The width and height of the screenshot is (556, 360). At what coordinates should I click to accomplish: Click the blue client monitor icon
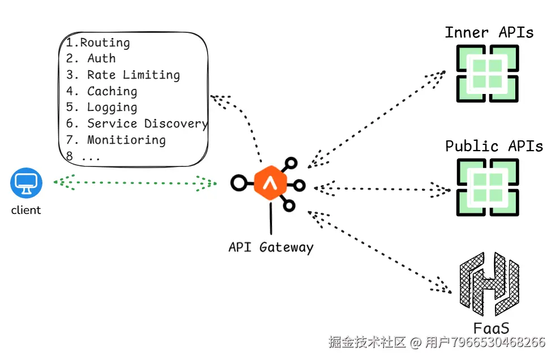tap(26, 183)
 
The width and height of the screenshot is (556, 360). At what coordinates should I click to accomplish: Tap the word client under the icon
tap(26, 210)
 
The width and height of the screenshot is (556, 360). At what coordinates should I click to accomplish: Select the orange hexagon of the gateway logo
tap(270, 183)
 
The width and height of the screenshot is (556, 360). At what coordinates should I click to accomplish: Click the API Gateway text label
tap(271, 247)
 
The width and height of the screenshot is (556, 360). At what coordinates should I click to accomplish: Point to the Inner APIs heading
tap(489, 33)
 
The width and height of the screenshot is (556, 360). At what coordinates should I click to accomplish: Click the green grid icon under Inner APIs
tap(488, 74)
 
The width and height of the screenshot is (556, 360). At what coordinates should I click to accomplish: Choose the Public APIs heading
tap(494, 146)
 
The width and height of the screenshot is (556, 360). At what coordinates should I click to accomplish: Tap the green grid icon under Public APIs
tap(488, 187)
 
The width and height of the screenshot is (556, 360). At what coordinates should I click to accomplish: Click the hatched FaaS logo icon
tap(489, 284)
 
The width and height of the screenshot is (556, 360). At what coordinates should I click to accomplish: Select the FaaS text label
tap(491, 328)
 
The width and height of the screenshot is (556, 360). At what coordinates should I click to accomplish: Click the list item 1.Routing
tap(98, 42)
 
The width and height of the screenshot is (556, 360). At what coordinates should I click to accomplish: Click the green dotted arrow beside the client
tap(135, 183)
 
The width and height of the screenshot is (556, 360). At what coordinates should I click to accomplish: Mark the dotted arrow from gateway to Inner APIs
tap(377, 119)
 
